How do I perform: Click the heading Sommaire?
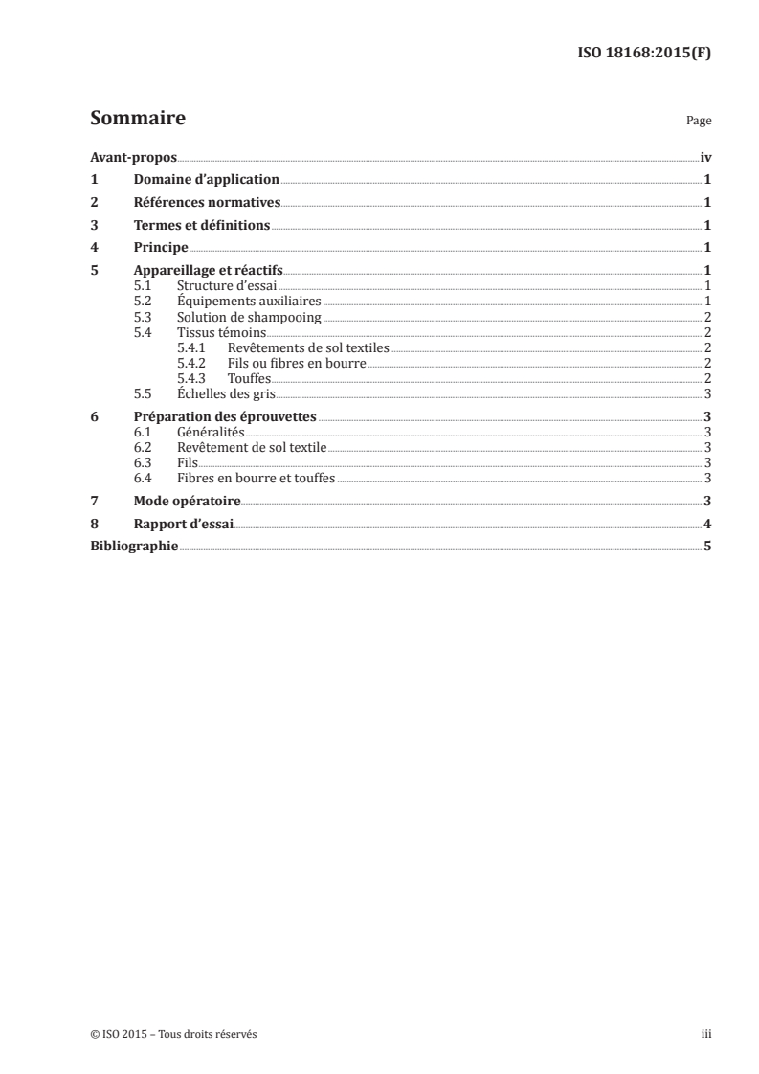click(138, 119)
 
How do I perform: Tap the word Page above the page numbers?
click(699, 122)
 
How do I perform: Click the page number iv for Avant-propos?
click(704, 158)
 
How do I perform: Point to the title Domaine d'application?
click(206, 180)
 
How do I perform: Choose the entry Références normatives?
click(207, 203)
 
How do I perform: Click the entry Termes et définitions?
click(202, 226)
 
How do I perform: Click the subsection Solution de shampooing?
click(249, 317)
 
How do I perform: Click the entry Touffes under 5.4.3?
click(249, 378)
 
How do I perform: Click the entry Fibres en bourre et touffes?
click(256, 478)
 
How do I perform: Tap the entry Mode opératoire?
click(187, 501)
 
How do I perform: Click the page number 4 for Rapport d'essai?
click(706, 524)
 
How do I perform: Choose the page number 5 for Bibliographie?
click(706, 546)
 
